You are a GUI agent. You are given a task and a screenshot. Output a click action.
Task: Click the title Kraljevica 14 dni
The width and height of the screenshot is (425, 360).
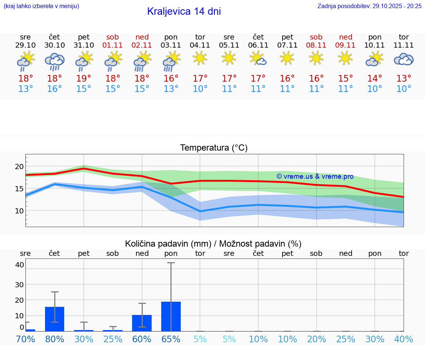184,11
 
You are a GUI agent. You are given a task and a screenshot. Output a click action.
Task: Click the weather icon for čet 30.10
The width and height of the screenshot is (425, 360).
55,62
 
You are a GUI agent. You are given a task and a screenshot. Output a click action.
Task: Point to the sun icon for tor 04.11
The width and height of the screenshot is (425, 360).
200,58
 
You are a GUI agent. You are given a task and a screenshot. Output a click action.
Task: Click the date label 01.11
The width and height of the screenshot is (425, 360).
113,45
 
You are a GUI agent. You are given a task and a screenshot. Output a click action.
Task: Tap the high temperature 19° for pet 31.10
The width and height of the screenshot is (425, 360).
84,79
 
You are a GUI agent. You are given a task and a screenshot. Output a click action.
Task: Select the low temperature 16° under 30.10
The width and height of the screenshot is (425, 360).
55,89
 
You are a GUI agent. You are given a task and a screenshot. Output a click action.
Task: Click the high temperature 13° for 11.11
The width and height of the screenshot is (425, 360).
404,79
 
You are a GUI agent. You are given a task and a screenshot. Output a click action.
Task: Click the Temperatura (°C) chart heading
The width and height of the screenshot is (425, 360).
214,148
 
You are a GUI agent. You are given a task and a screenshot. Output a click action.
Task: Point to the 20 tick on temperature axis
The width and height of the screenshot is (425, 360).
19,167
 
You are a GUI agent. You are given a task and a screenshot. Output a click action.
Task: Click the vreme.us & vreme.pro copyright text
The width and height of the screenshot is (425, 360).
315,176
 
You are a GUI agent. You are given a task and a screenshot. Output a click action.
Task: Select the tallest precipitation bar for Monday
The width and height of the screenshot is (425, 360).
171,316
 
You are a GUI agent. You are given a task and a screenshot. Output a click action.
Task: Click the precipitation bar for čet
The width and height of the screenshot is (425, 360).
55,319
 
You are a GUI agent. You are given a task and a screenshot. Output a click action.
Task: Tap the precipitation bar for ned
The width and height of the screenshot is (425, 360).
142,323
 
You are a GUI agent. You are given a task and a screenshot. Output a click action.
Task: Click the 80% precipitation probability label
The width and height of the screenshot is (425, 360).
55,339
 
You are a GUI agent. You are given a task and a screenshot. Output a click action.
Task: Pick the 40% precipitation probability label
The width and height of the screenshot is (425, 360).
404,339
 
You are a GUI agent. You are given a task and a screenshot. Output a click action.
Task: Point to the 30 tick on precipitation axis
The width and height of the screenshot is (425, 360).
19,284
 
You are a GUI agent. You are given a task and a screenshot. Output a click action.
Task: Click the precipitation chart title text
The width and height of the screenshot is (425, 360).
213,244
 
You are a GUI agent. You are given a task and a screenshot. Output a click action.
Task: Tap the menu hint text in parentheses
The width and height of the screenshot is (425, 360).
41,6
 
